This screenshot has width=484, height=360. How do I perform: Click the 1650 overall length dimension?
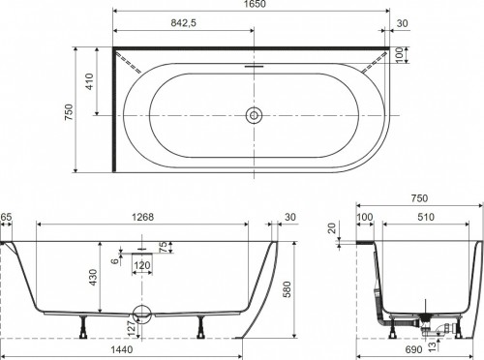(255, 4)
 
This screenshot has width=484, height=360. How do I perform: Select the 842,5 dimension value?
(183, 23)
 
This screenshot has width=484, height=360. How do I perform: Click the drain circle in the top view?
(254, 115)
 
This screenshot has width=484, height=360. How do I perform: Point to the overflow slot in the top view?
(254, 67)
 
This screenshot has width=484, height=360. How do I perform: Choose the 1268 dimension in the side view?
(142, 217)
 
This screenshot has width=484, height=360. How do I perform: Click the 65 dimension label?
(6, 217)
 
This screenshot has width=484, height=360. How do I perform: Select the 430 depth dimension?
(93, 278)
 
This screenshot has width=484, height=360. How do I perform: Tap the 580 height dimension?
(287, 289)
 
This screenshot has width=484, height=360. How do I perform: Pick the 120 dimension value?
(142, 265)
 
